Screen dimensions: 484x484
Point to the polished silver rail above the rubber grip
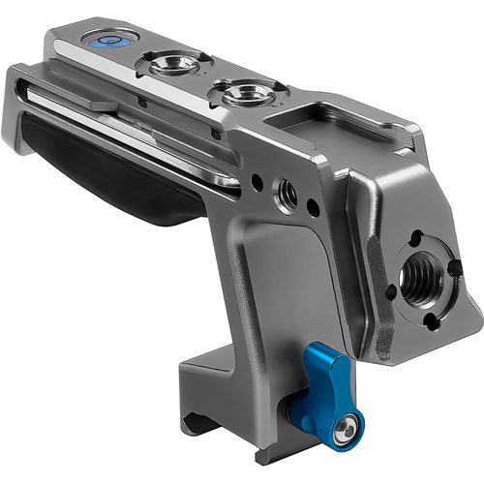click(x=136, y=126)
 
